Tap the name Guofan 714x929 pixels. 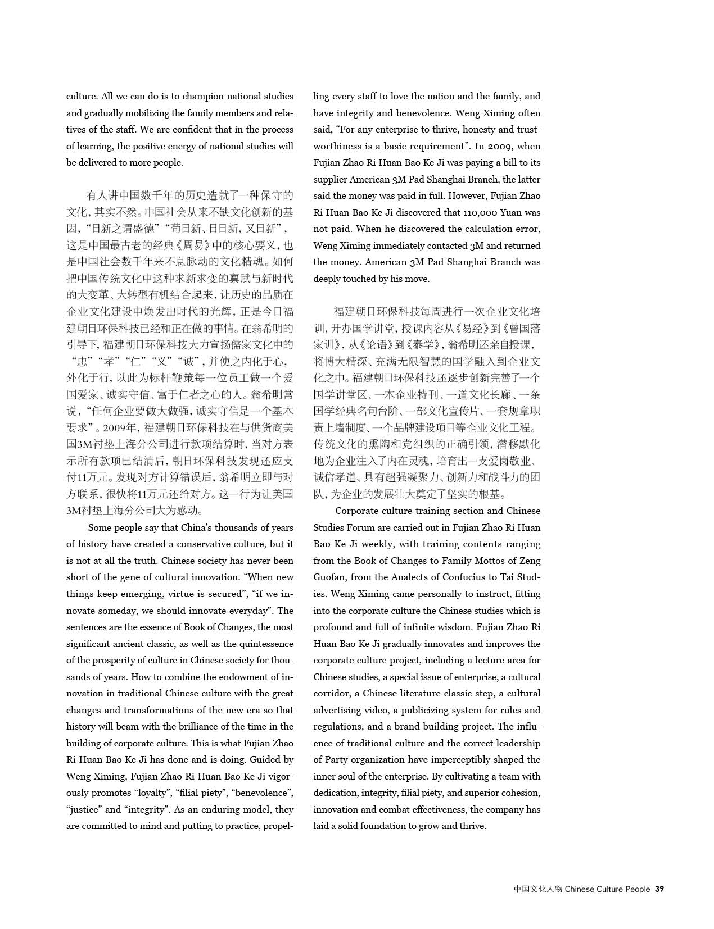pos(329,577)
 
